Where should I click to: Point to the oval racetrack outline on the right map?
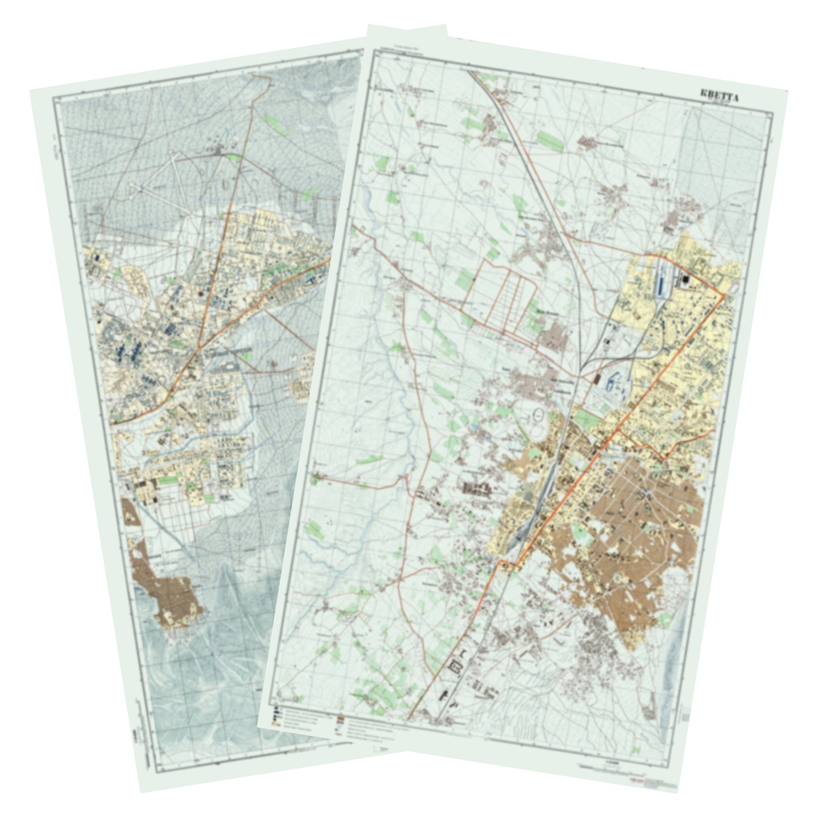tap(537, 417)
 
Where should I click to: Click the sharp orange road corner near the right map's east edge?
tap(723, 295)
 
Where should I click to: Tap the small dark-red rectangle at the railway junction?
tap(597, 379)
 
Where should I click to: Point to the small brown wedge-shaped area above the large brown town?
tap(130, 512)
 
